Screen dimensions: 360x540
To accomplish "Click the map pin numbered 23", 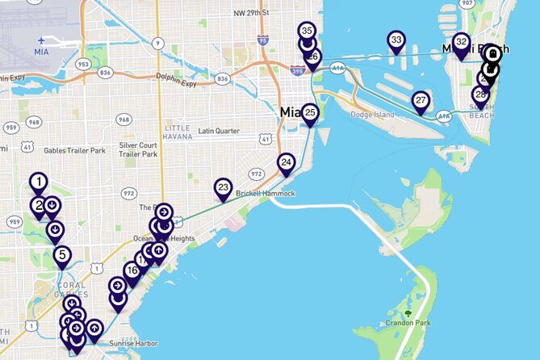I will pos(224,188).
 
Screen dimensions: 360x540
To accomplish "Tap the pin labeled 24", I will pos(286,163).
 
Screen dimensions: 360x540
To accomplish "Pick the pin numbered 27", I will pos(421,101).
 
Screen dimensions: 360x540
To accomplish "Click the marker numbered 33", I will pos(396,40).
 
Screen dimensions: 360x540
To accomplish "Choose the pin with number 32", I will pos(461,42).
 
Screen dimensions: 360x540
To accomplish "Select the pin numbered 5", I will pos(62,256).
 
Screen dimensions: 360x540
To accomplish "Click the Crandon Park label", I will pos(409,323).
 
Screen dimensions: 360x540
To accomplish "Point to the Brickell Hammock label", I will pos(266,194).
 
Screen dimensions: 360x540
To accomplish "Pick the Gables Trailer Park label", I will pos(76,150).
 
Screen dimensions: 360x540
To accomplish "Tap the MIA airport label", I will pos(42,51).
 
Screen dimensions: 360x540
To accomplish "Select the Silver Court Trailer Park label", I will pos(138,149).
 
